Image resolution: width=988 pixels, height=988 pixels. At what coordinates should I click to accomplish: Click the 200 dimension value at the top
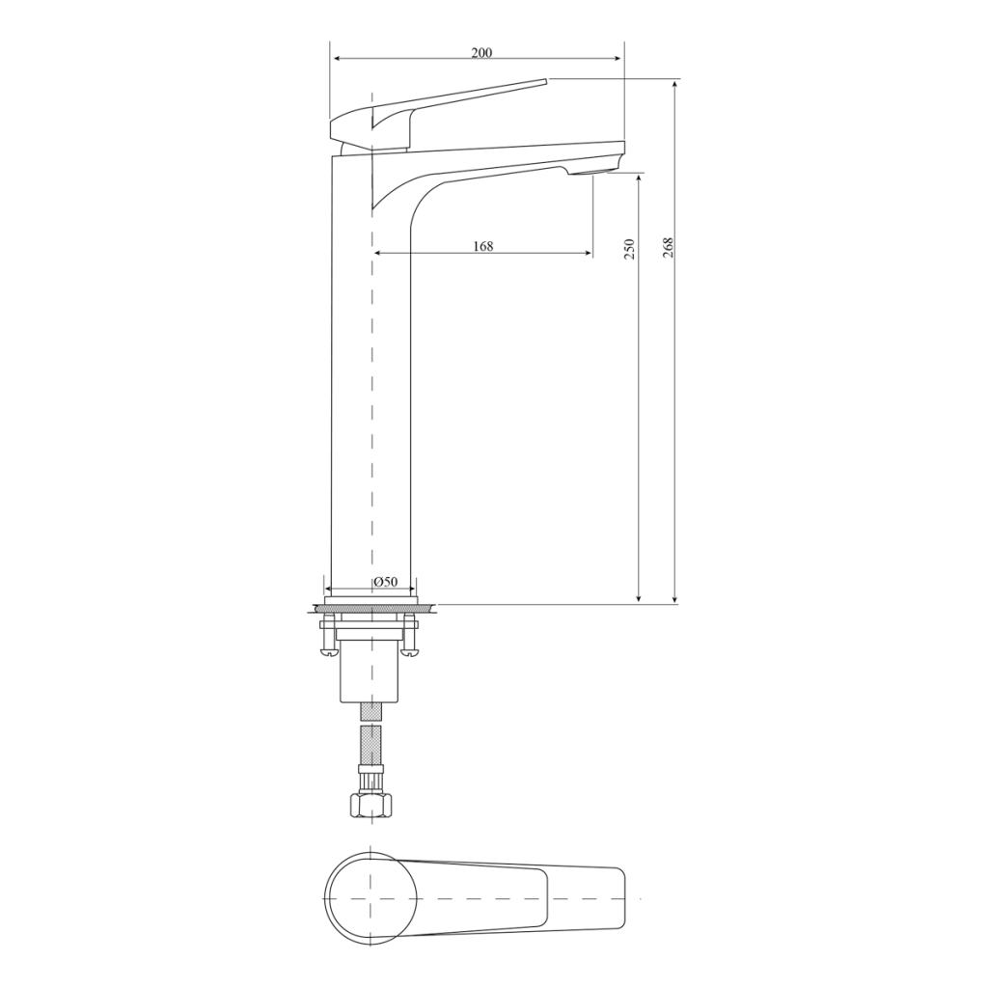tap(482, 53)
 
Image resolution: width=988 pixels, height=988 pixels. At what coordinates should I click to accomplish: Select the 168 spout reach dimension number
tap(483, 246)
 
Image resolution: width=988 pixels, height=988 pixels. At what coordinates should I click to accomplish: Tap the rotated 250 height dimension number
tap(629, 250)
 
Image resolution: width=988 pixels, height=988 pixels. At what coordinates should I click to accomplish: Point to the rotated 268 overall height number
tap(668, 248)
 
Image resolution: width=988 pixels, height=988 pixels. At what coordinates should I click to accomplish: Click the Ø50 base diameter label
tap(386, 582)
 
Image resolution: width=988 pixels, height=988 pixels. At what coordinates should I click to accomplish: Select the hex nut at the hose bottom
tap(370, 806)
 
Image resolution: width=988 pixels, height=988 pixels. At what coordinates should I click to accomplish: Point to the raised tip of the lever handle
tap(546, 81)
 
